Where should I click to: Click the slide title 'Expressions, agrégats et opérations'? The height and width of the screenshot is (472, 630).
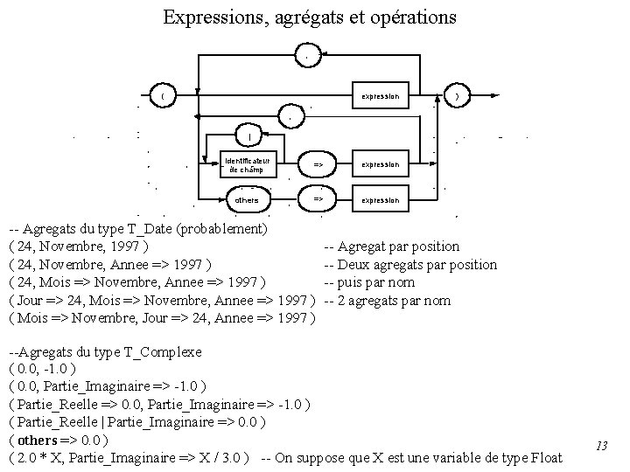(x=309, y=17)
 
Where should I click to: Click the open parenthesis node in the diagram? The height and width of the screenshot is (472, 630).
(x=162, y=94)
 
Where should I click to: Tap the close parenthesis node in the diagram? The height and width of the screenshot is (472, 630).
(x=457, y=94)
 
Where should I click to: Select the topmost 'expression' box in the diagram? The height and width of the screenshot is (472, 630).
(x=380, y=94)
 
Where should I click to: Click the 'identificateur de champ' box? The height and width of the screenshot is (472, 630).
(x=248, y=164)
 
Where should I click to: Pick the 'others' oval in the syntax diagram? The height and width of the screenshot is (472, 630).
(x=248, y=200)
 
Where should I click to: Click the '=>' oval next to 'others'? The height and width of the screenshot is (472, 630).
(x=318, y=200)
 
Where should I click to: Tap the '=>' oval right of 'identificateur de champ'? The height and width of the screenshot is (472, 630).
(x=318, y=164)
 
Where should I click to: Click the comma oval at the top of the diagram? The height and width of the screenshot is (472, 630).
(x=305, y=57)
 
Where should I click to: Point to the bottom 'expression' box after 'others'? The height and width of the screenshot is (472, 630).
(x=380, y=200)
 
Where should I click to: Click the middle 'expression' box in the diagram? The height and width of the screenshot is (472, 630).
(x=380, y=164)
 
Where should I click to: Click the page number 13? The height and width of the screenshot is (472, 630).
(x=601, y=446)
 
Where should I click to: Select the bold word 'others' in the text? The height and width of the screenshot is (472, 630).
(x=37, y=440)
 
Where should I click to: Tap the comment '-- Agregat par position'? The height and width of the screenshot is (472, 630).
(x=392, y=247)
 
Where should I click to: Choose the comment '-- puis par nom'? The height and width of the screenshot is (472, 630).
(x=369, y=282)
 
